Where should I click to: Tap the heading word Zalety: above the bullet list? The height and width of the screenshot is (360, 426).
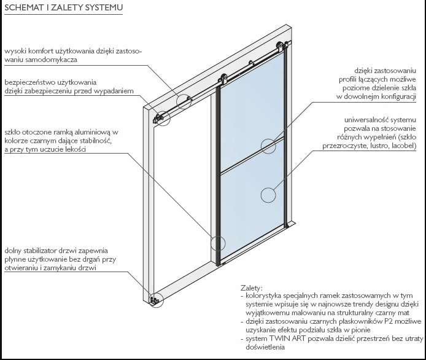pyautogui.click(x=252, y=288)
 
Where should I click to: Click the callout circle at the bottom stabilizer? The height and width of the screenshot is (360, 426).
pyautogui.click(x=155, y=299)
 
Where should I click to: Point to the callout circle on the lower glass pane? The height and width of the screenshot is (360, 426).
pyautogui.click(x=268, y=195)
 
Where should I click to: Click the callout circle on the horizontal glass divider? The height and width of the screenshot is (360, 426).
pyautogui.click(x=268, y=146)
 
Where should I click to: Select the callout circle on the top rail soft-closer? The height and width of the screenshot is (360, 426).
pyautogui.click(x=184, y=101)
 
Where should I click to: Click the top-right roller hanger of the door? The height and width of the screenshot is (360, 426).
pyautogui.click(x=281, y=49)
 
